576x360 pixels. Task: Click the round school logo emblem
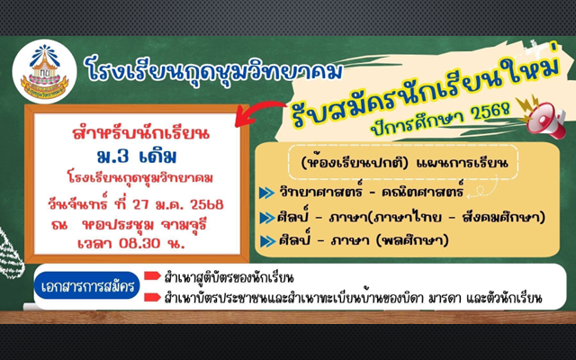[44, 72]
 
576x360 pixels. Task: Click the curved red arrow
[260, 112]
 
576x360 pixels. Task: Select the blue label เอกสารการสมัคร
[87, 285]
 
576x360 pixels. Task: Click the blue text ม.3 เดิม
[137, 157]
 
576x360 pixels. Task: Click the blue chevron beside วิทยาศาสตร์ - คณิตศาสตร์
[266, 193]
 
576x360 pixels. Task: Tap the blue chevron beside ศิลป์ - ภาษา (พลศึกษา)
[268, 241]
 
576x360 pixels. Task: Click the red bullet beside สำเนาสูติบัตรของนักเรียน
[152, 275]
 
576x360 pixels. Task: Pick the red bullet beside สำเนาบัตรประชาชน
[152, 297]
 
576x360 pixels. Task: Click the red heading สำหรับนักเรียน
[141, 133]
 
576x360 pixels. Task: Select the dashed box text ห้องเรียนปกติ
[355, 162]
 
